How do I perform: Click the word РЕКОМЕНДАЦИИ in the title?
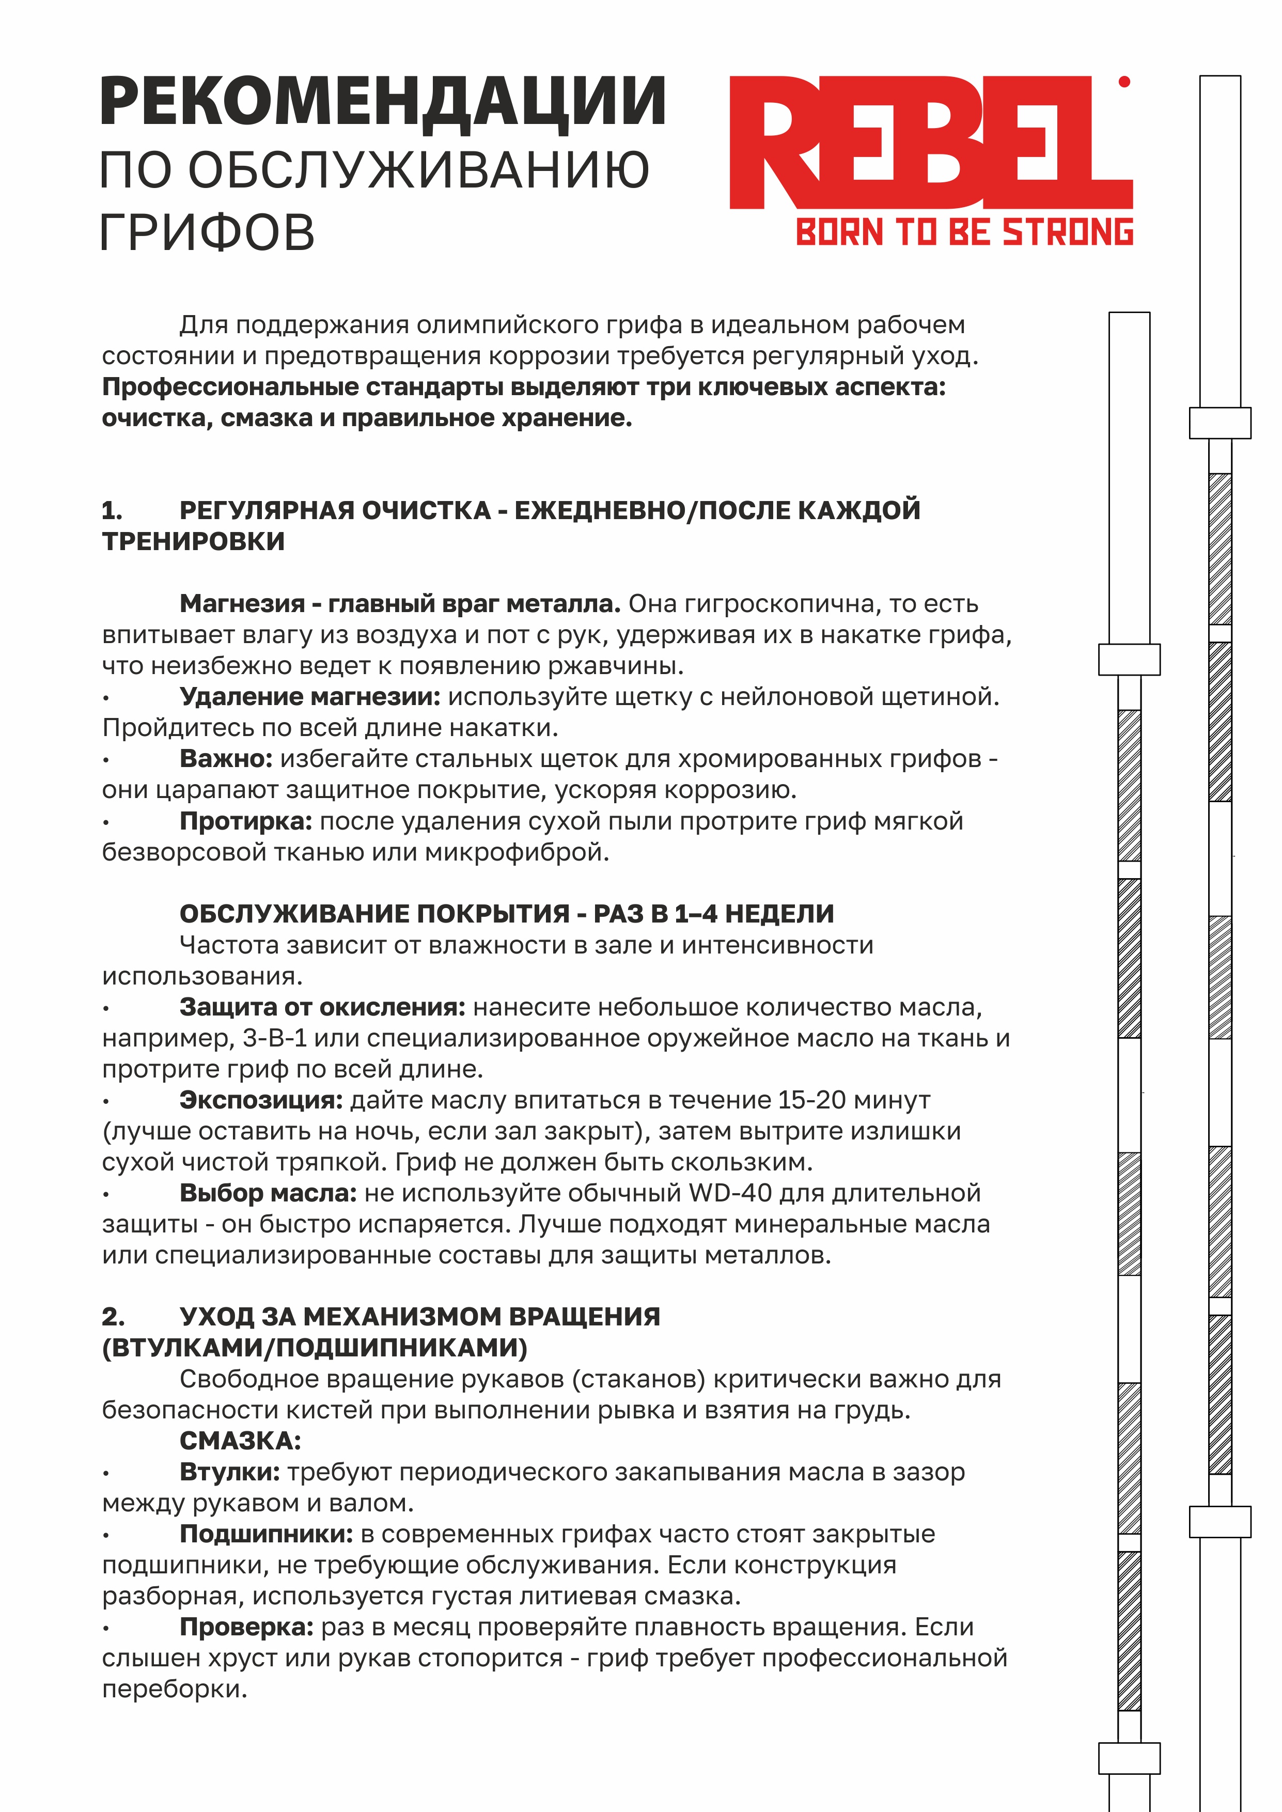(383, 102)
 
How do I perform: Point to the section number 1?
(112, 511)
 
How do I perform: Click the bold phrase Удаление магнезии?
(309, 696)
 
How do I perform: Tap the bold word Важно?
(226, 758)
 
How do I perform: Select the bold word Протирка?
(245, 821)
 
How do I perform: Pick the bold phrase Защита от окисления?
(322, 1007)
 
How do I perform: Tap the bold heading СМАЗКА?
(240, 1441)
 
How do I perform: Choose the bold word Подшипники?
(266, 1534)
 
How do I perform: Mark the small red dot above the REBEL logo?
(1124, 81)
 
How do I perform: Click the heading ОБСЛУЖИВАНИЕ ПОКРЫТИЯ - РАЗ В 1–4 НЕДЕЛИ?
(506, 914)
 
